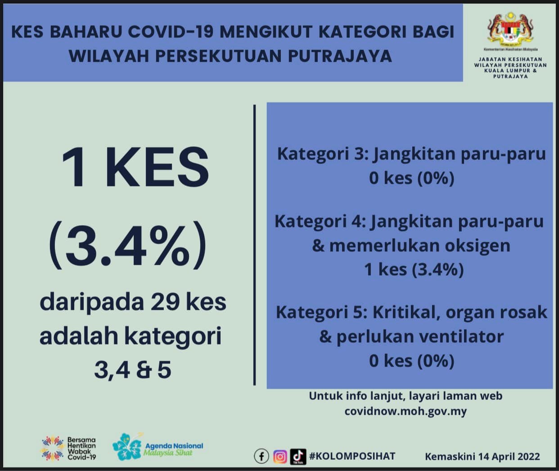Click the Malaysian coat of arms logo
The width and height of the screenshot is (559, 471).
[x=510, y=29]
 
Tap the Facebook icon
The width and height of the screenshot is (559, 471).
[x=261, y=456]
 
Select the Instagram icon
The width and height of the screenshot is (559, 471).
[x=280, y=457]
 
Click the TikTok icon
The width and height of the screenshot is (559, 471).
[x=298, y=457]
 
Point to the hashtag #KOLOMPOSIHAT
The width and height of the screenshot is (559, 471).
[x=352, y=456]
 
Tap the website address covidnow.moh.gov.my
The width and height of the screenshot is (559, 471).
[x=406, y=411]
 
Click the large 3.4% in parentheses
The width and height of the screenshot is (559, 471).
[x=127, y=245]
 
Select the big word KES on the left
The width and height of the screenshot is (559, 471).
[x=158, y=167]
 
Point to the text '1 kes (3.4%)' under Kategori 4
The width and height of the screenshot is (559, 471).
[x=414, y=269]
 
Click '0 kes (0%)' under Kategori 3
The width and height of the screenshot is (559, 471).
[x=411, y=178]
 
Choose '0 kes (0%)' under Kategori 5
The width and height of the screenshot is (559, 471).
[x=411, y=361]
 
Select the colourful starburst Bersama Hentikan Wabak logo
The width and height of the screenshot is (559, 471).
[x=53, y=448]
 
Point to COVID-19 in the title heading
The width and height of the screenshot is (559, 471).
[x=171, y=32]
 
